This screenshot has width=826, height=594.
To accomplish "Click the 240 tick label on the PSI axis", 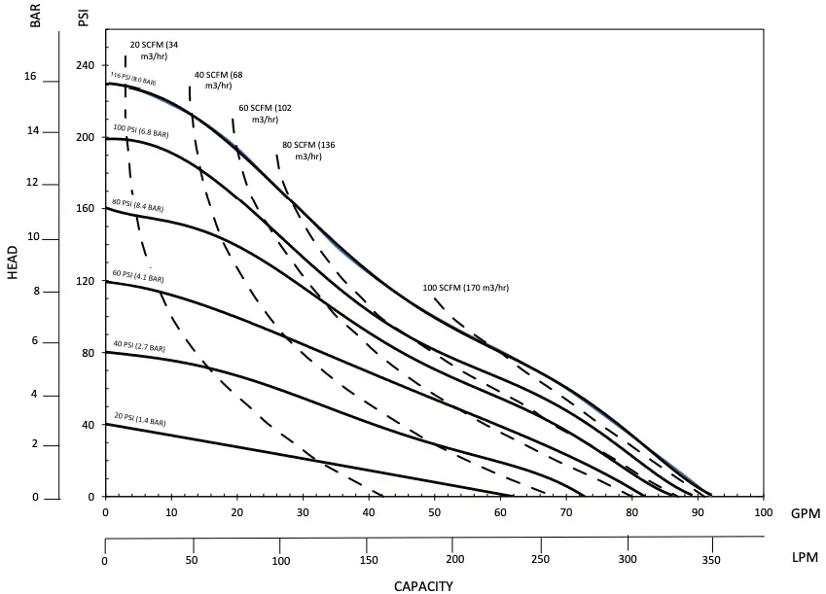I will [87, 65].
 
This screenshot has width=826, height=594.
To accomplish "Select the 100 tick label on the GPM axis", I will [763, 511].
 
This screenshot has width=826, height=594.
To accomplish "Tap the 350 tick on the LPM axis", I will [710, 559].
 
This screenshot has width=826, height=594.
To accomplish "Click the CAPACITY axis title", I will [422, 584].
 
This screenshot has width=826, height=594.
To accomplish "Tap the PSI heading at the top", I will [84, 17].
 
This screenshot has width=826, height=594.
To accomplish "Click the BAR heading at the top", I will [37, 17].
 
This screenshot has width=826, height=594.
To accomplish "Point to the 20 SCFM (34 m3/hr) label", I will [154, 51].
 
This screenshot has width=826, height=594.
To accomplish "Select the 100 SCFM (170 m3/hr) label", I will [466, 288].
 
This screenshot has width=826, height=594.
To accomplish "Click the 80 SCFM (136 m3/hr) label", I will [307, 150].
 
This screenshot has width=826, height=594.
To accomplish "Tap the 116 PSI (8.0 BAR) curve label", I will [133, 79].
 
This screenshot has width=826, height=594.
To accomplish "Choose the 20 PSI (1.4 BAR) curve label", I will [139, 419].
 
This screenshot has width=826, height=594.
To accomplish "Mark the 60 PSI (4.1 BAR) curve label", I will [139, 276].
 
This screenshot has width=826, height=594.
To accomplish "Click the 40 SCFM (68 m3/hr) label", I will [218, 80].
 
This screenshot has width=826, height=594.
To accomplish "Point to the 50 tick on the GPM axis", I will [433, 511].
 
